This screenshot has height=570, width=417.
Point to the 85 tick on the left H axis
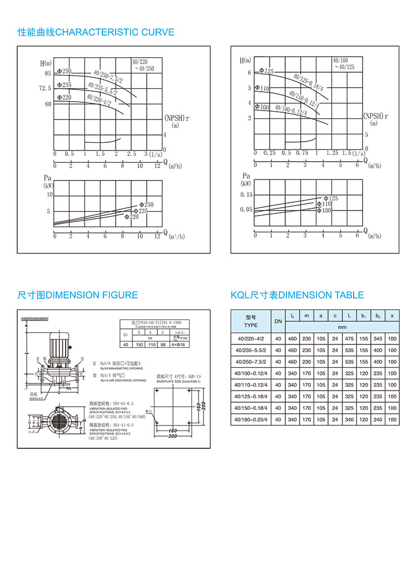point(48,74)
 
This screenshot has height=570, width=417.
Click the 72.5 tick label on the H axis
point(45,88)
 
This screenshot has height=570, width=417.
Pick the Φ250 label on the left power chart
point(146,205)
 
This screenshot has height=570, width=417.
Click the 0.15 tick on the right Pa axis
point(245,194)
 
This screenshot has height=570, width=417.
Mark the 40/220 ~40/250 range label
point(143,64)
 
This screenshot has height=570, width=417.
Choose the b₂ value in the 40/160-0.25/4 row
point(378,419)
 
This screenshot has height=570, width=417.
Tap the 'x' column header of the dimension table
point(392,316)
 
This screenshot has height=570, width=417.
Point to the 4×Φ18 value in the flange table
point(178,345)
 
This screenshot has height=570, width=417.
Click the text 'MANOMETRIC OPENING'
point(122,368)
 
